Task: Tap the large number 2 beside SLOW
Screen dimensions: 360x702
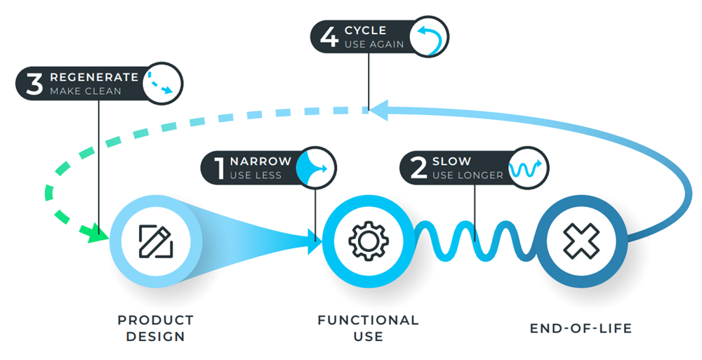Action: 418,168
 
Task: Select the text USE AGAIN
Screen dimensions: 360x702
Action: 374,44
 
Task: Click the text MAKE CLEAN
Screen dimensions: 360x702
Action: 85,91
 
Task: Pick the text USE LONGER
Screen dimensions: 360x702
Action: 468,175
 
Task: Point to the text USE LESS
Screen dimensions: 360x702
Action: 256,175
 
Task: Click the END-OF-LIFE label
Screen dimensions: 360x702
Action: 581,328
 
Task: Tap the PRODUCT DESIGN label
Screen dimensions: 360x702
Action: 155,328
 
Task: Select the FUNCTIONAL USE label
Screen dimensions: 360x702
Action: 368,328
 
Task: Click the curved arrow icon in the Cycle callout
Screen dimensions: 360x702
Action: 428,38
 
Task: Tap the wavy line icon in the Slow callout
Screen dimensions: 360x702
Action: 527,168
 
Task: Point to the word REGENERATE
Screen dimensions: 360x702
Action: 94,76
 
